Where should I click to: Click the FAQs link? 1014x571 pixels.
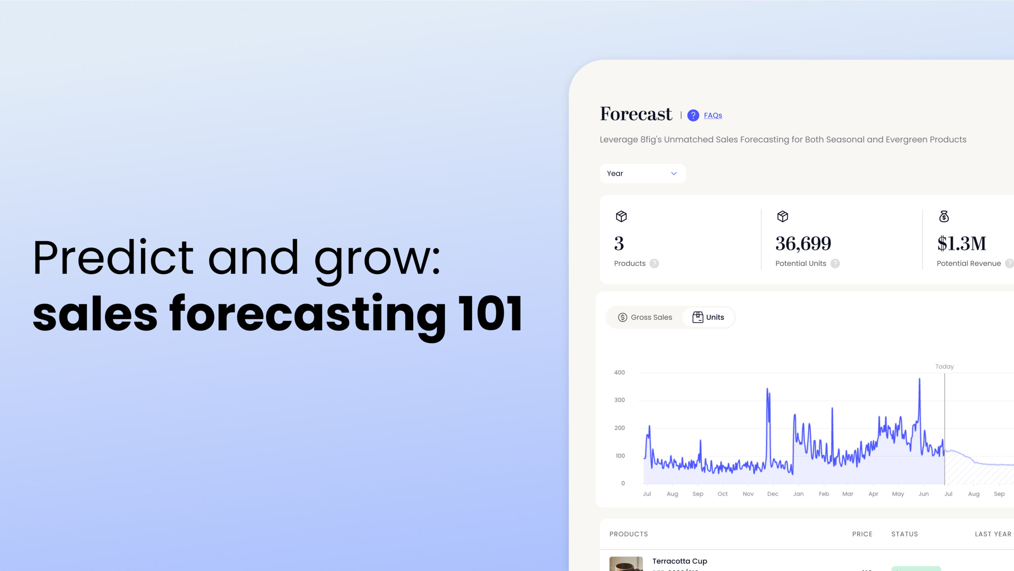tap(713, 115)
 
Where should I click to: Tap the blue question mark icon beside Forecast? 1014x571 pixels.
tap(693, 115)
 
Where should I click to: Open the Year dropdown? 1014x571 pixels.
tap(642, 174)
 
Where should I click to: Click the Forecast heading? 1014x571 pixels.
tap(635, 114)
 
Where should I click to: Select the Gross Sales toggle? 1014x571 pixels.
tap(645, 317)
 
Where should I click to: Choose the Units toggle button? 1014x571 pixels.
tap(708, 317)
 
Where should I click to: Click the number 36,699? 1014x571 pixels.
tap(803, 243)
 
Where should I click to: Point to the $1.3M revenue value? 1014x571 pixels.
tap(961, 243)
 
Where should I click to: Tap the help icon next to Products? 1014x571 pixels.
tap(654, 264)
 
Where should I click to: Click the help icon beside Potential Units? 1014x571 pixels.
tap(835, 264)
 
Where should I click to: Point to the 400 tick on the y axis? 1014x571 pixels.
tap(619, 372)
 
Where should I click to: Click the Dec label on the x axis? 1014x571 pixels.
tap(772, 494)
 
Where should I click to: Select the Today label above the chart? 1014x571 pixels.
tap(944, 367)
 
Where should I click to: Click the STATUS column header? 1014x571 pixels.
tap(904, 534)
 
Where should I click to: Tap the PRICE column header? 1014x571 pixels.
tap(862, 534)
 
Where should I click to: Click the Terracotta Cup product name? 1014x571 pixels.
tap(679, 561)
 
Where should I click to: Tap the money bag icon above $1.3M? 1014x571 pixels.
tap(944, 216)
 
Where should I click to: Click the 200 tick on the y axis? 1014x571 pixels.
tap(619, 428)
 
